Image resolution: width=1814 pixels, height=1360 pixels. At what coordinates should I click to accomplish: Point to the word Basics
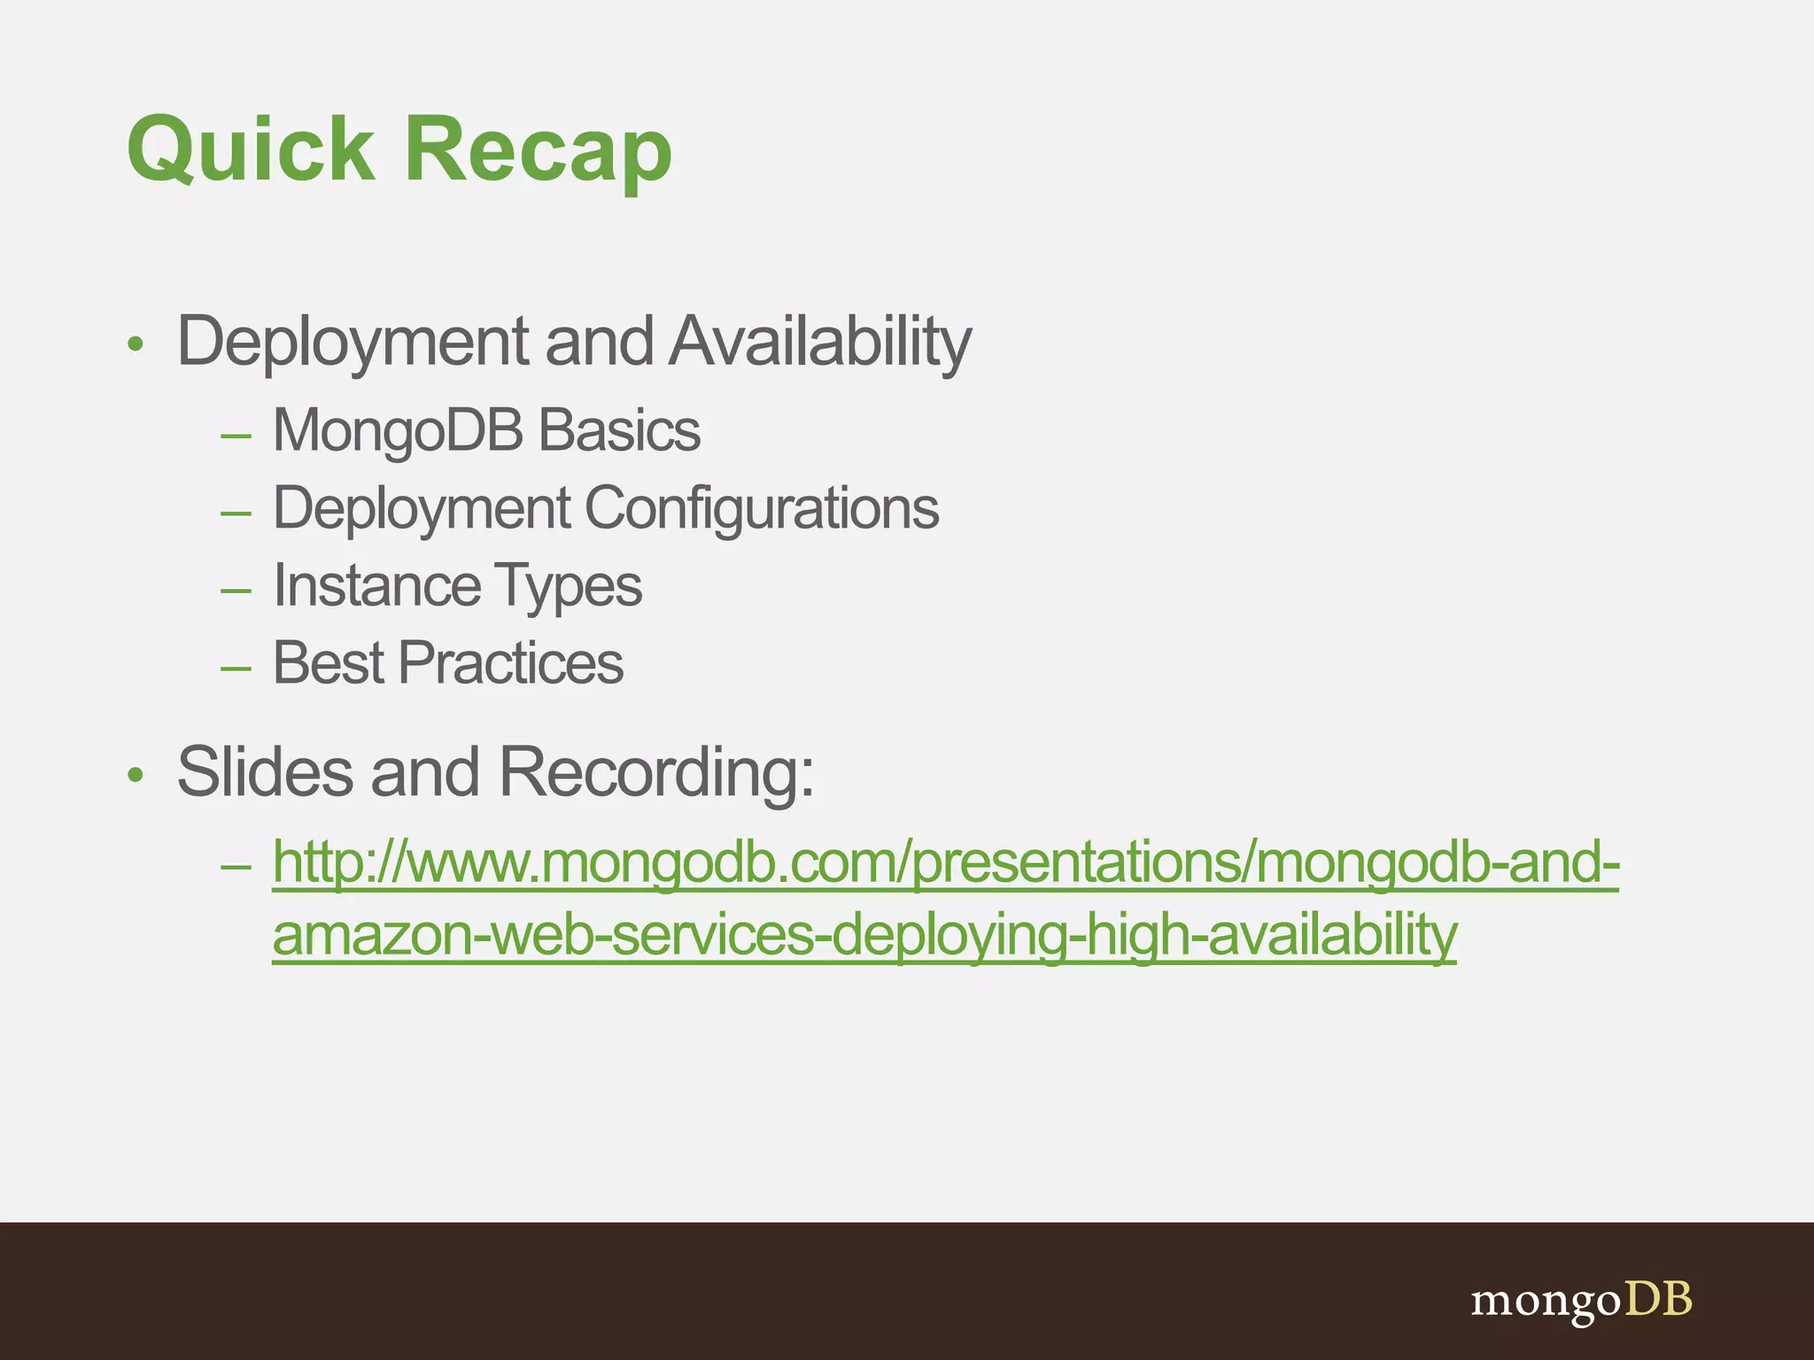click(x=619, y=431)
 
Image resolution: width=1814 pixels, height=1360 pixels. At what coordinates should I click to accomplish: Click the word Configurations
click(x=762, y=509)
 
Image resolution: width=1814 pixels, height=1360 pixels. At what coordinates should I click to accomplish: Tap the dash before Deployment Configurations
click(x=236, y=513)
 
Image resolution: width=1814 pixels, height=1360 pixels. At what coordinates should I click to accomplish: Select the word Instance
click(x=376, y=586)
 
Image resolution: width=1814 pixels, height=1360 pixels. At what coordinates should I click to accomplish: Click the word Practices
click(x=511, y=663)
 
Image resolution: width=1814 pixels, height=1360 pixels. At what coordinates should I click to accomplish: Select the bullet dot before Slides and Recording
click(x=135, y=776)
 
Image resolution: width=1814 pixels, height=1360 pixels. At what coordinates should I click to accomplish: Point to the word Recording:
click(x=656, y=772)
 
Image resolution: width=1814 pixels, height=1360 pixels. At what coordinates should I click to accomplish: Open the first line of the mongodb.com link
click(x=945, y=862)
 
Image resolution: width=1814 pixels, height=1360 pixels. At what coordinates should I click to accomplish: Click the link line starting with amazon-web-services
click(x=864, y=935)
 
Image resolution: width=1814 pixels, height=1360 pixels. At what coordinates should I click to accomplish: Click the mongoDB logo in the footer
click(x=1581, y=1301)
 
